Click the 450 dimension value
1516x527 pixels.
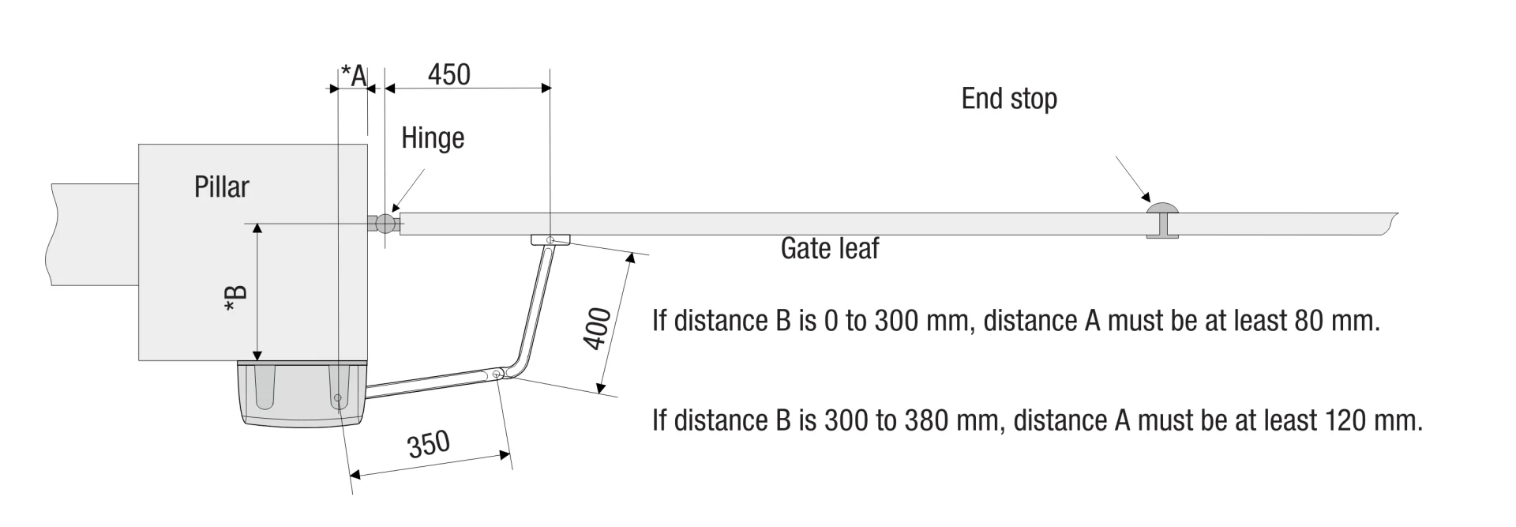coord(448,74)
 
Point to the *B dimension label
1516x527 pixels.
coord(236,299)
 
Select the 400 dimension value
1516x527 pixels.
coord(597,328)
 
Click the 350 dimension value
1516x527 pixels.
coord(429,444)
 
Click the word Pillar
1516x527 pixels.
coord(222,187)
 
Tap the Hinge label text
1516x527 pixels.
coord(433,138)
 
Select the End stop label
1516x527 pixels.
coord(1009,99)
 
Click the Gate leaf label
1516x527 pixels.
coord(830,249)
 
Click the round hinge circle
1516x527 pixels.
coord(385,224)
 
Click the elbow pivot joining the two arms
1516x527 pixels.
coord(497,375)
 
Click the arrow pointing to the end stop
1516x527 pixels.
coord(1133,179)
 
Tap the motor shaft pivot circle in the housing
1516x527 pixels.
coord(338,397)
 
